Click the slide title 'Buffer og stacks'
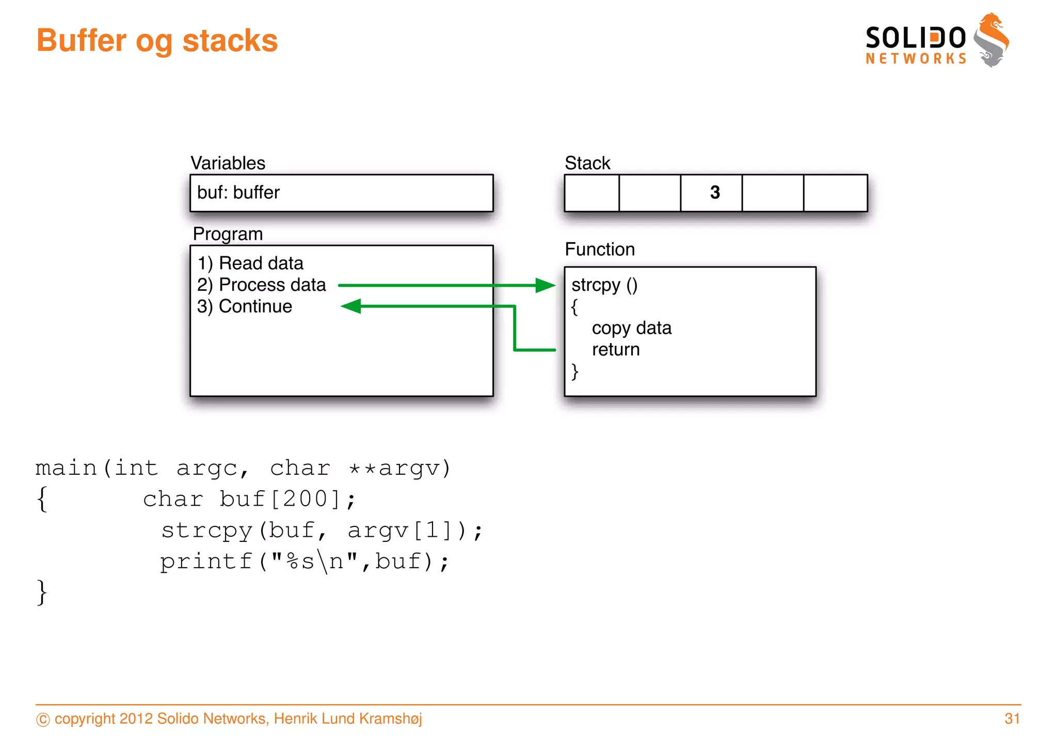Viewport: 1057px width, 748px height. [157, 41]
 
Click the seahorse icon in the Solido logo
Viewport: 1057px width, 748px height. [991, 40]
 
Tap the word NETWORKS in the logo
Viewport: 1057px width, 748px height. [916, 59]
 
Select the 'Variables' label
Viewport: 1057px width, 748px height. [228, 163]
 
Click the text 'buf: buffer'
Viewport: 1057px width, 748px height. [238, 193]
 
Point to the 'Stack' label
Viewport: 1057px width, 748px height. [587, 163]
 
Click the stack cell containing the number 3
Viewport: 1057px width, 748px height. [712, 193]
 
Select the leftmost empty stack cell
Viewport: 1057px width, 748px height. [592, 193]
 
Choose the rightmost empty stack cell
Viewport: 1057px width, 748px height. [835, 193]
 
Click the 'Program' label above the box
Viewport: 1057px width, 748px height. [228, 234]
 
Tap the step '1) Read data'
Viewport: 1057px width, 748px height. [250, 263]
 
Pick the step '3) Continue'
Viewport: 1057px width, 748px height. [245, 306]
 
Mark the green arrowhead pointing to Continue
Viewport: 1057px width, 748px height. [351, 306]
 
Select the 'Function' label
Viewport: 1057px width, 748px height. [600, 250]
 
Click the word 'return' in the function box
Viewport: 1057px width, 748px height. [616, 350]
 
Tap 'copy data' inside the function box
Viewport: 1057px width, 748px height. [632, 328]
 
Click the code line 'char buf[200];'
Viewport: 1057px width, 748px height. [249, 499]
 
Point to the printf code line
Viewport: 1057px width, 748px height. [305, 562]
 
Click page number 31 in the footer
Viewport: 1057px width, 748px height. [1012, 719]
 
